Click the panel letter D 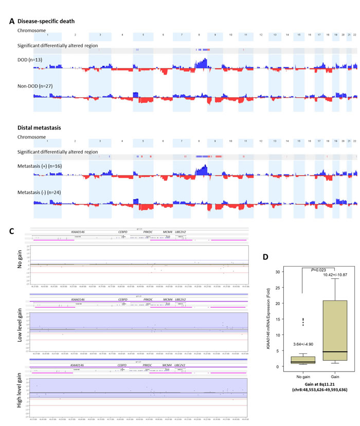266,256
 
